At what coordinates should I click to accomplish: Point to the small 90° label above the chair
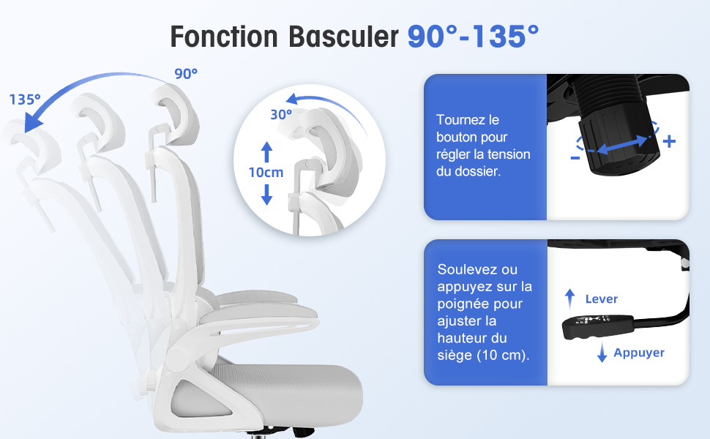[186, 74]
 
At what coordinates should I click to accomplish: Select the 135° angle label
[25, 99]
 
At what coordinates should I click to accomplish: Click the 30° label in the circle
[281, 114]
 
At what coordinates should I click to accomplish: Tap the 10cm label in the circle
[266, 173]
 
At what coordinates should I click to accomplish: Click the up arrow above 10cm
[266, 151]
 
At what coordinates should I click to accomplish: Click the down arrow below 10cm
[266, 195]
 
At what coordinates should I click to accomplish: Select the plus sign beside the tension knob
[669, 141]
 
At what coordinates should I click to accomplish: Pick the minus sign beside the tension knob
[575, 158]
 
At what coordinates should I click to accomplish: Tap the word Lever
[602, 299]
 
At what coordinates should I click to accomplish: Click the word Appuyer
[639, 353]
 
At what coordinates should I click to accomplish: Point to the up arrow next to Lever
[569, 299]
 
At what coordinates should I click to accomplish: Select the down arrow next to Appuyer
[602, 352]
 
